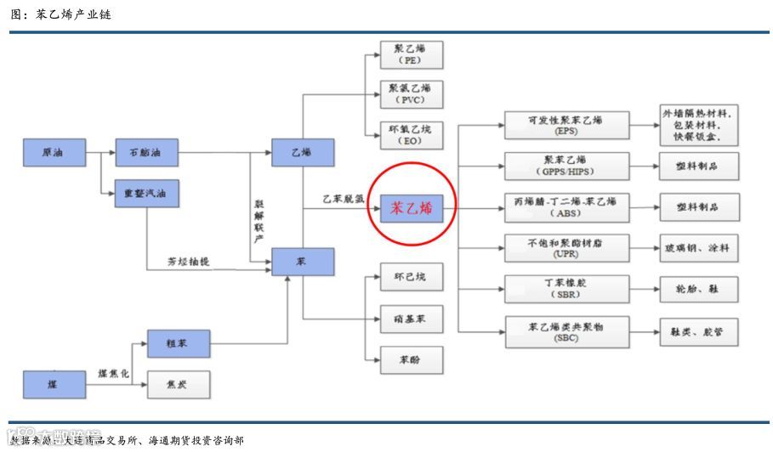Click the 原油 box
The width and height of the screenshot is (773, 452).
click(x=54, y=153)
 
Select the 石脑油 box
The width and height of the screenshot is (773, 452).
click(x=147, y=153)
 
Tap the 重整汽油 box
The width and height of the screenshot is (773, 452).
click(x=147, y=194)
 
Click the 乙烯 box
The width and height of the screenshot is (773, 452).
click(x=302, y=153)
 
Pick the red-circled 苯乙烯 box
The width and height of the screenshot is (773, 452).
click(x=412, y=207)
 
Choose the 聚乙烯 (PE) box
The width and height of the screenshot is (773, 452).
click(x=412, y=54)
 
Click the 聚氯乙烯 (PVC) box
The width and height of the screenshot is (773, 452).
click(x=412, y=93)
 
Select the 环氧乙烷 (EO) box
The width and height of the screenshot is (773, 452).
click(x=412, y=135)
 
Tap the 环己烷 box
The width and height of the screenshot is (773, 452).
click(x=412, y=278)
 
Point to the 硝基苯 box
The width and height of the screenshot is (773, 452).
click(x=412, y=319)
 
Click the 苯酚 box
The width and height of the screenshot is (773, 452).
click(x=412, y=360)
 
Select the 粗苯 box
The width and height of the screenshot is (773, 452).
click(x=178, y=343)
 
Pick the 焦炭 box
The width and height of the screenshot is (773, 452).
click(x=178, y=385)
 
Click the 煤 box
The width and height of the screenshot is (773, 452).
click(x=54, y=384)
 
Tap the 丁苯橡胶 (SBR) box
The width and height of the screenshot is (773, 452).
click(x=566, y=288)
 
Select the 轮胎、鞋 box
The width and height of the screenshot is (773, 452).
click(x=699, y=289)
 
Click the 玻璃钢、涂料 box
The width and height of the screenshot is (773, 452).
click(x=699, y=248)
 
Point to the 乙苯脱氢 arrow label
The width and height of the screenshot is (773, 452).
click(x=343, y=199)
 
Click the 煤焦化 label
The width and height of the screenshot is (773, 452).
click(x=114, y=374)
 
